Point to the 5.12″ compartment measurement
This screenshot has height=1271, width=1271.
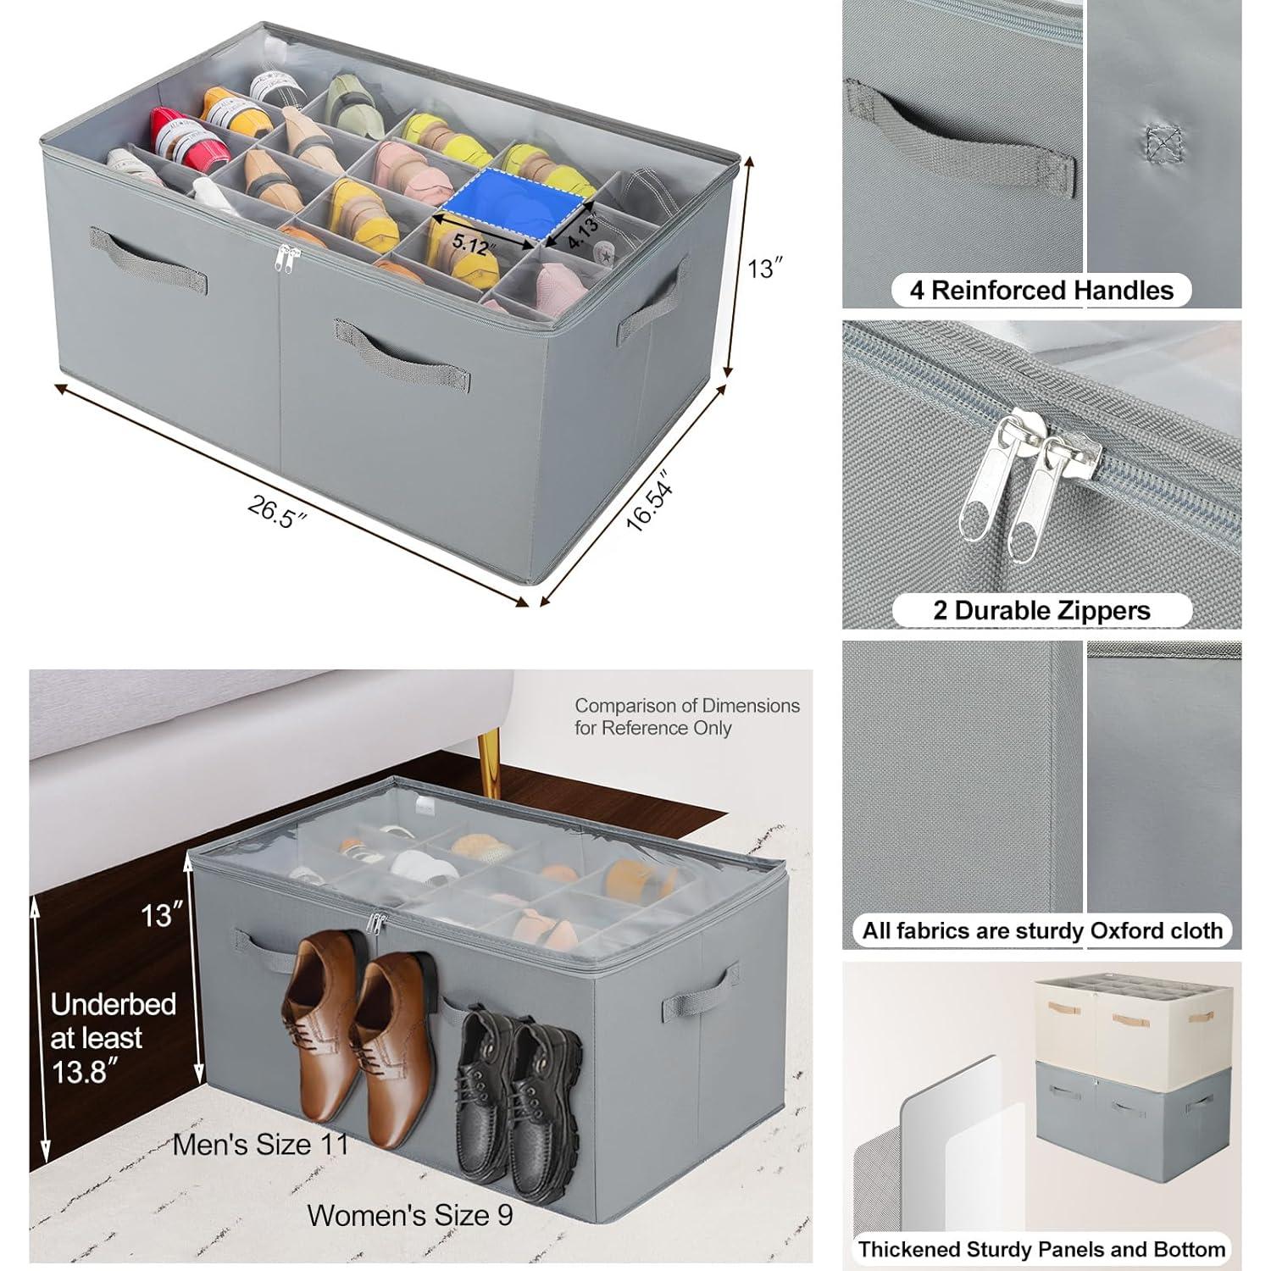pos(471,243)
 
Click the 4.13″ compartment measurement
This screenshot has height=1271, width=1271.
pos(583,231)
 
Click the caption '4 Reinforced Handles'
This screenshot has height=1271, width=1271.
pos(1041,291)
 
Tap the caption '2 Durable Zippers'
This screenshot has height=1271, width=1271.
pos(1041,611)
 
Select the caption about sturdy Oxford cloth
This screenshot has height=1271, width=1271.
pos(1042,930)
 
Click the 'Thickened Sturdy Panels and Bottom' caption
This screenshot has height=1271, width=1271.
pos(1041,1249)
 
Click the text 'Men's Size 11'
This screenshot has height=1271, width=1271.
pos(260,1145)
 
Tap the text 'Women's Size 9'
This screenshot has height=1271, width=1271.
pos(409,1215)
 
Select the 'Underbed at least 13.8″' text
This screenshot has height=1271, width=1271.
pos(113,1038)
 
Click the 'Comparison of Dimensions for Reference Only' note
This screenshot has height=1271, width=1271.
pos(686,716)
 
